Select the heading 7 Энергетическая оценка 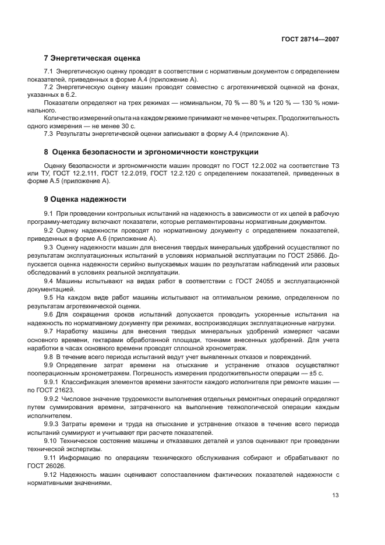click(x=92, y=58)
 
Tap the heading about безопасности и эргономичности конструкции click(x=151, y=152)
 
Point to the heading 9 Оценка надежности click(x=85, y=199)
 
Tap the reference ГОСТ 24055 click(x=249, y=281)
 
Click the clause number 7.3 click(x=50, y=134)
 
